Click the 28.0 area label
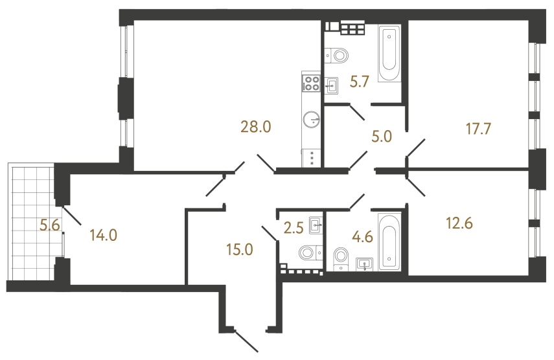click(x=255, y=127)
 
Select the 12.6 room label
click(x=459, y=224)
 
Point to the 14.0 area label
click(x=103, y=235)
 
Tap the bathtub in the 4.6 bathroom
click(x=389, y=242)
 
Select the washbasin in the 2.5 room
click(x=316, y=225)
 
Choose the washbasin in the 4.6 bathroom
click(x=365, y=263)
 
